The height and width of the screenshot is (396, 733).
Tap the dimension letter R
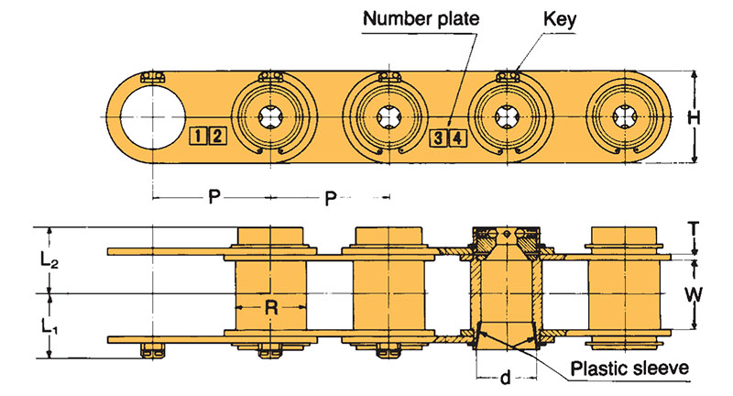[x=271, y=307]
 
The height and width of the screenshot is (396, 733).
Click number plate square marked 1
[x=198, y=137]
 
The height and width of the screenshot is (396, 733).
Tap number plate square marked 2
[x=216, y=137]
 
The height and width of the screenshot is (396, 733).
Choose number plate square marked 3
[x=439, y=138]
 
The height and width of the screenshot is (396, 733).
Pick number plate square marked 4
[x=457, y=138]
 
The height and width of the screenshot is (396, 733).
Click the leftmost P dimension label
[x=212, y=197]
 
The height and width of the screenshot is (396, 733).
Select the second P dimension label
[x=327, y=197]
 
